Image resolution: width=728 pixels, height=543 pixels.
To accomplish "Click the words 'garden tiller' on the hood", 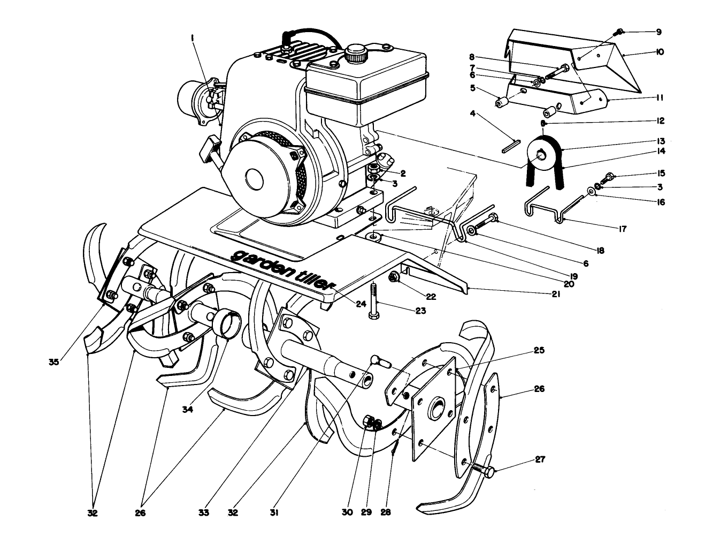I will [283, 270].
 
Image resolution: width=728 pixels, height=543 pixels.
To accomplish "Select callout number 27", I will [540, 459].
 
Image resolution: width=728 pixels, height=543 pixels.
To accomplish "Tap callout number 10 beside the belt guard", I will [659, 52].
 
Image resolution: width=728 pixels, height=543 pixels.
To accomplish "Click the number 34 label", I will [187, 410].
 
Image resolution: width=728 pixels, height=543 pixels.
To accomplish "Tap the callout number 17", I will [622, 229].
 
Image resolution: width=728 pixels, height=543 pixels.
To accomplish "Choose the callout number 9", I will [658, 32].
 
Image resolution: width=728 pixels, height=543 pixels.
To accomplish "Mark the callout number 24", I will [361, 304].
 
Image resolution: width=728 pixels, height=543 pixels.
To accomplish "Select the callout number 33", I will [203, 512].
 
